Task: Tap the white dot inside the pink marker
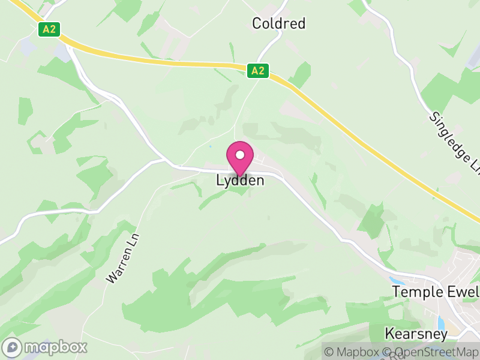[x=240, y=155]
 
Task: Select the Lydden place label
[x=240, y=181]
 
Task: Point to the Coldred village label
[x=278, y=23]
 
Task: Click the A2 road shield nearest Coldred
[x=258, y=71]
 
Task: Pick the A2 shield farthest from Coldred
[x=49, y=29]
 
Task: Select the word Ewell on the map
[x=463, y=292]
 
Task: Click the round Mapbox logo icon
[x=13, y=347]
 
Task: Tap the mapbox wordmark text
[x=55, y=347]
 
